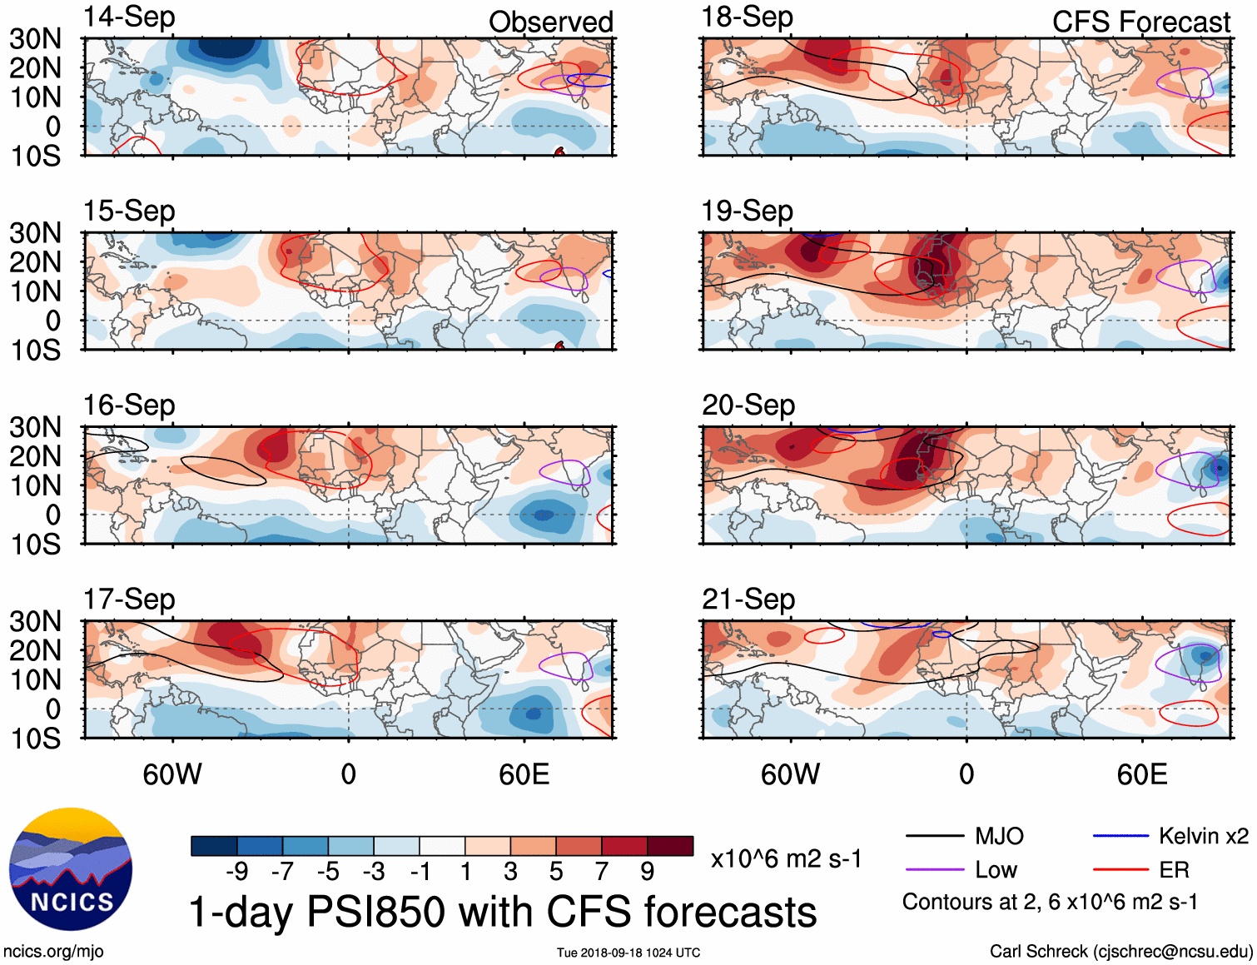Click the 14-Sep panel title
[129, 17]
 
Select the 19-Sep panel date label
[747, 211]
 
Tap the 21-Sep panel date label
[748, 599]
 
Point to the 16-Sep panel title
[129, 405]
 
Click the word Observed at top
[550, 22]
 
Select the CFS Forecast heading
[1140, 22]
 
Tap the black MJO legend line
[935, 836]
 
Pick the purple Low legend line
[935, 870]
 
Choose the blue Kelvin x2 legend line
[1121, 836]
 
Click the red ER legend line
[1121, 870]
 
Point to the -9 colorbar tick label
[236, 871]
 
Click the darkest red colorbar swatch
[670, 846]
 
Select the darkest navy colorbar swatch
[214, 846]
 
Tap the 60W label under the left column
[172, 774]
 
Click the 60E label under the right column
[1141, 774]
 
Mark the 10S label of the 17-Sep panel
[36, 739]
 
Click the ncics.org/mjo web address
[53, 951]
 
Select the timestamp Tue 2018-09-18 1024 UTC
[628, 953]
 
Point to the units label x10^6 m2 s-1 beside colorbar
[786, 859]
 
